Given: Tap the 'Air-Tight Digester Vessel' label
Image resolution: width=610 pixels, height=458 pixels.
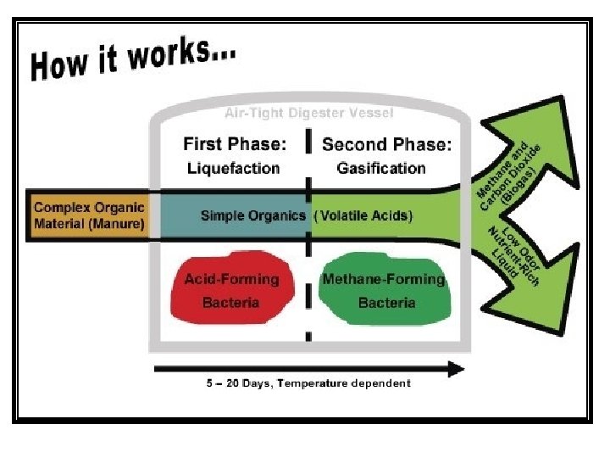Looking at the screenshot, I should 308,112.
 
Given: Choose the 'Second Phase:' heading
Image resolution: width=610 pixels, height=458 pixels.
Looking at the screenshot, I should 386,144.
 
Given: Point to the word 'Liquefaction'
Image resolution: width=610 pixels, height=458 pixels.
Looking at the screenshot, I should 233,168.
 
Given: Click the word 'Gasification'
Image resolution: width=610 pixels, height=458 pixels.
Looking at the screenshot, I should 381,168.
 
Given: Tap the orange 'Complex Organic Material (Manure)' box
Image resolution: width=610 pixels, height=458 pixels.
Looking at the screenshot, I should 88,215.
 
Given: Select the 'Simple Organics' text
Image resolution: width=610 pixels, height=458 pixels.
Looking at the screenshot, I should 252,215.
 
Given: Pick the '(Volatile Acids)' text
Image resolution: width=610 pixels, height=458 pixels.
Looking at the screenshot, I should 363,215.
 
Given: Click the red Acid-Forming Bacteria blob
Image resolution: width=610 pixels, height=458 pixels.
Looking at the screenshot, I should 231,290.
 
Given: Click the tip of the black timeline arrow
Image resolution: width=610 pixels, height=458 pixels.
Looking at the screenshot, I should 462,368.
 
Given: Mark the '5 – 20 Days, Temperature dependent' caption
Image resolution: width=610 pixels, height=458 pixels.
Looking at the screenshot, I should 308,383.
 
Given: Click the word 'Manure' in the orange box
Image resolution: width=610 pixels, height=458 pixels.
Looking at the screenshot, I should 118,224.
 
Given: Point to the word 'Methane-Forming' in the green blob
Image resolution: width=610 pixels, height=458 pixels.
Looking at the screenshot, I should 383,279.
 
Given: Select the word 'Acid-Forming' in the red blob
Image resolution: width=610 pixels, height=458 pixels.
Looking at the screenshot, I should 231,279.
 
